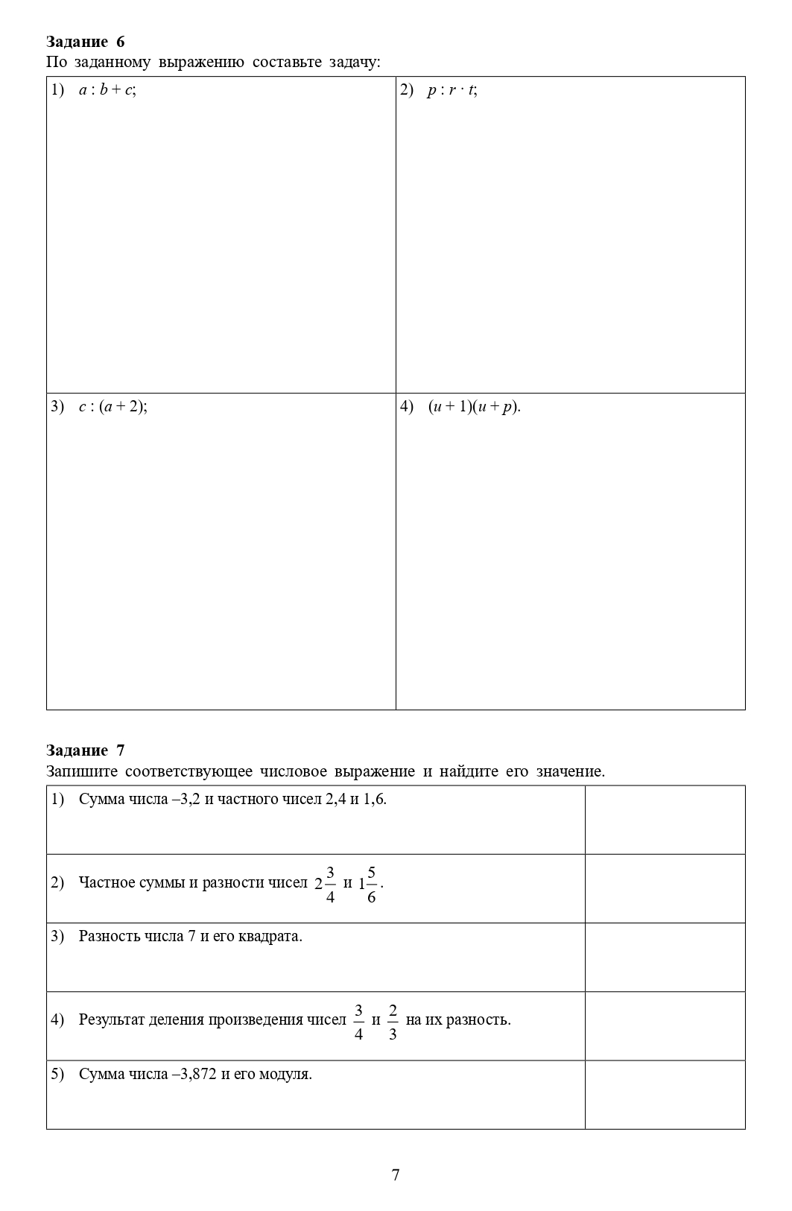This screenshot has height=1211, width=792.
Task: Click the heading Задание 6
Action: (85, 42)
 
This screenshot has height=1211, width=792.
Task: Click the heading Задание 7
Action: (85, 750)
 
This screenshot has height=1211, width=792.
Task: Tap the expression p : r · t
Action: (452, 90)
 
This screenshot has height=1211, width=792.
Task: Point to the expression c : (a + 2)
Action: (113, 407)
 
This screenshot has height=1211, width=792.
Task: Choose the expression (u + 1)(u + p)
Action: (474, 407)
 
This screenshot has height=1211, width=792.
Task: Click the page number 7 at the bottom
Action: (396, 1175)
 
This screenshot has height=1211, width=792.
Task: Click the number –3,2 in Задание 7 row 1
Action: (186, 800)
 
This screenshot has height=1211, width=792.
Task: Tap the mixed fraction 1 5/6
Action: (368, 884)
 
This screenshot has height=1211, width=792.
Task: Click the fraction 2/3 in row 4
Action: (393, 1022)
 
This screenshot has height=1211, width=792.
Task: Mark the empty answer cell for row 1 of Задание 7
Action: (665, 820)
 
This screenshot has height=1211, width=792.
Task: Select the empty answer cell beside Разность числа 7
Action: (665, 957)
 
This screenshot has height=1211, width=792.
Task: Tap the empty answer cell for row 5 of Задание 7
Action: (665, 1094)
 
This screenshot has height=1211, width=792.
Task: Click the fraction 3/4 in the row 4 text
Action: (358, 1022)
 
